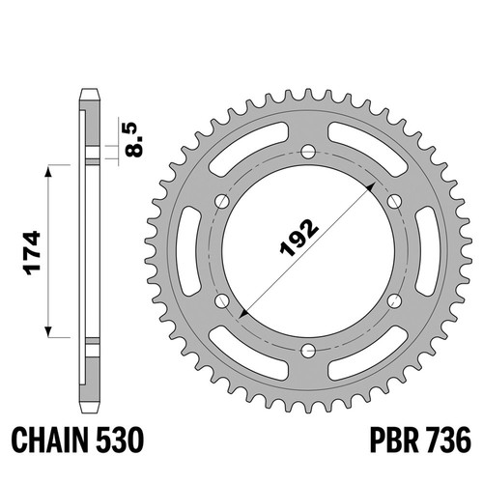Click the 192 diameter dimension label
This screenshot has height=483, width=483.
(299, 238)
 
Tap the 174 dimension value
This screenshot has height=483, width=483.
(33, 253)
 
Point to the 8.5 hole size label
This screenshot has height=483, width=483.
(133, 139)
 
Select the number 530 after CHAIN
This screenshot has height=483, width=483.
(120, 440)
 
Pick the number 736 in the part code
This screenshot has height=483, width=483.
(448, 440)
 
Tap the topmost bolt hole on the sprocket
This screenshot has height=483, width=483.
(308, 152)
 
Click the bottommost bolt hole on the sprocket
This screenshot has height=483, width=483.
(308, 351)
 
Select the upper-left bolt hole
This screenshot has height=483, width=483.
(222, 202)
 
